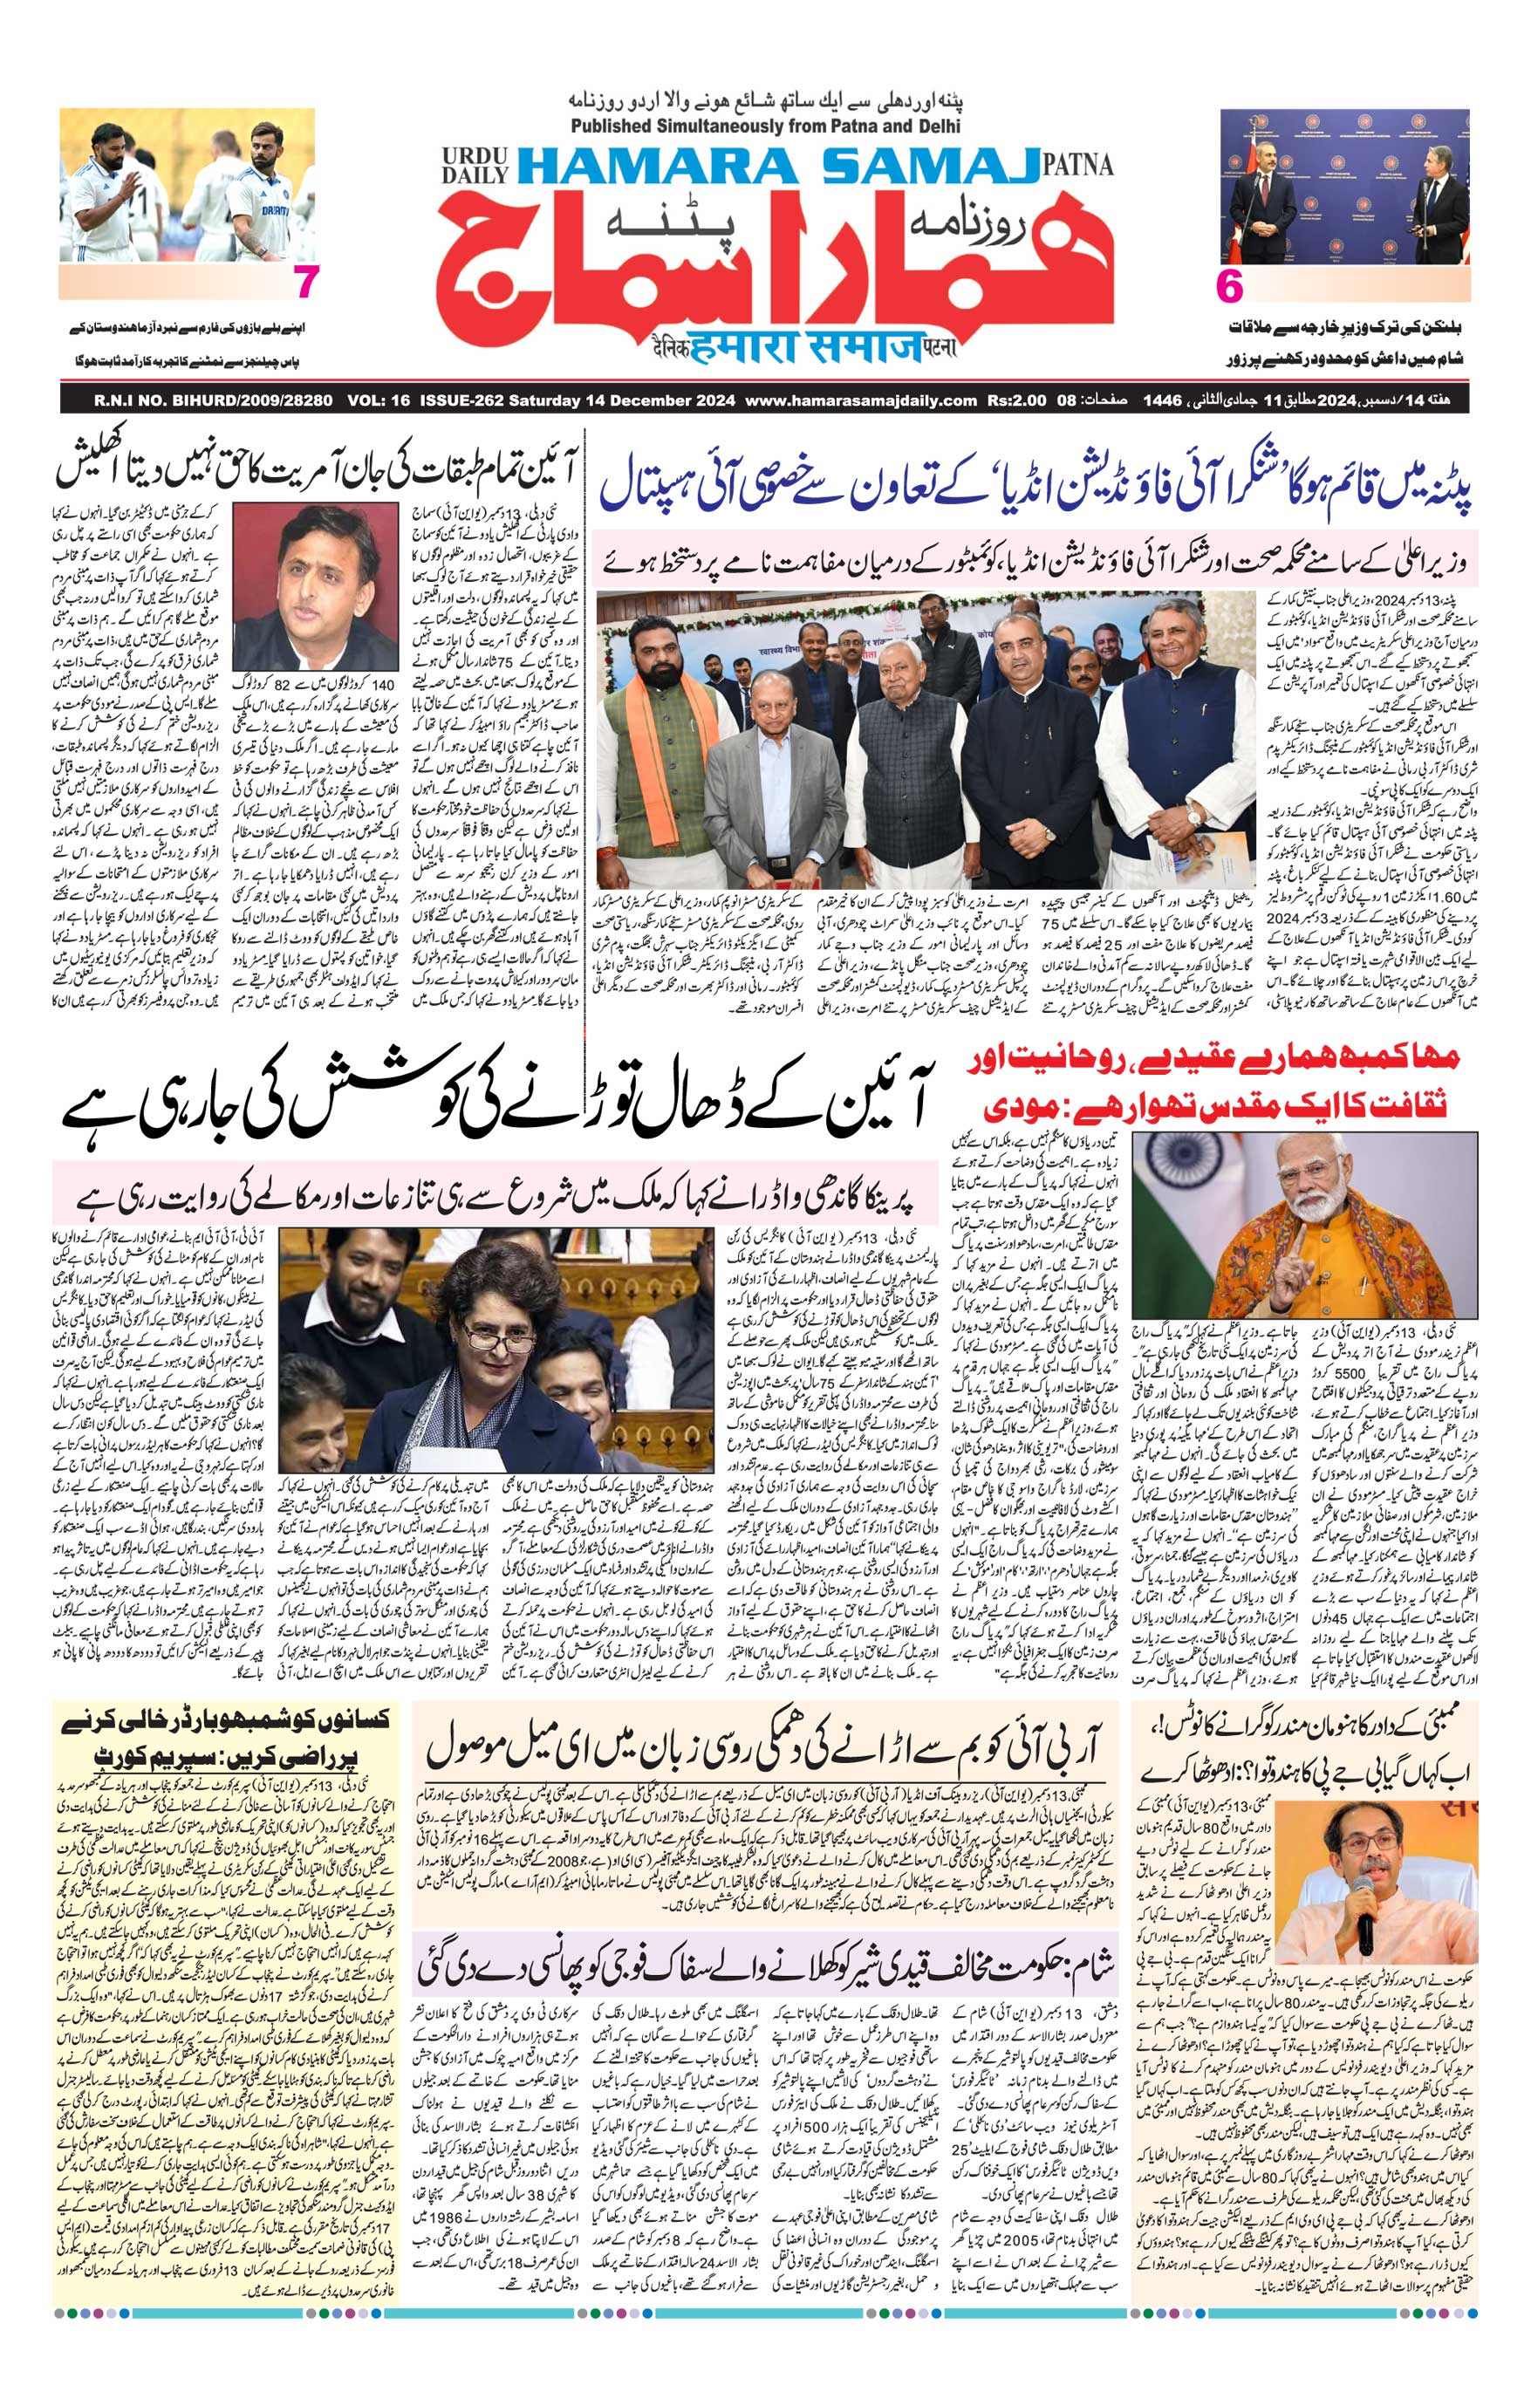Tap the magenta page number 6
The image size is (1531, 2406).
pyautogui.click(x=1229, y=288)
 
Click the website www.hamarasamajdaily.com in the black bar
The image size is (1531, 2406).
pyautogui.click(x=860, y=400)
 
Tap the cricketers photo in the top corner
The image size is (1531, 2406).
pyautogui.click(x=188, y=185)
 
